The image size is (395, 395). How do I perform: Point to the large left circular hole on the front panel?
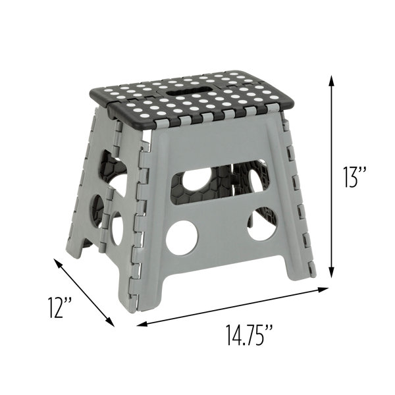pos(182,238)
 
